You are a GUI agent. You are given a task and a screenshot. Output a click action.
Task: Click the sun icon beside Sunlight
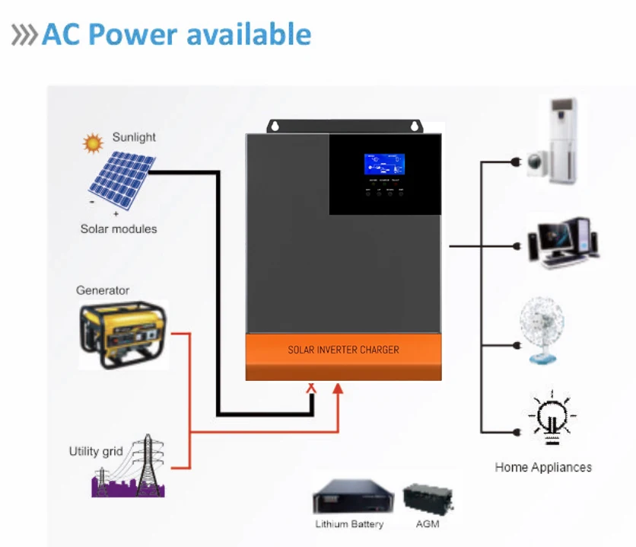tap(93, 142)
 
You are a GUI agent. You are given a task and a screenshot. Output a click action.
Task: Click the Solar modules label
tap(119, 229)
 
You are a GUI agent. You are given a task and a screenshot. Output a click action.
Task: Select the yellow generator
tap(122, 334)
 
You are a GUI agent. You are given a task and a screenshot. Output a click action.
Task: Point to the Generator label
tap(103, 290)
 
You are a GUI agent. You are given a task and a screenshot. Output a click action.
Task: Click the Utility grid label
tap(96, 451)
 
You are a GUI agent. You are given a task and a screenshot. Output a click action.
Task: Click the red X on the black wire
tap(310, 388)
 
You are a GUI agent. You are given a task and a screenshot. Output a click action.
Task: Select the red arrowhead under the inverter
tap(339, 388)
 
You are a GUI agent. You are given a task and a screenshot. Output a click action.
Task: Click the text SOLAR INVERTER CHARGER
tap(343, 350)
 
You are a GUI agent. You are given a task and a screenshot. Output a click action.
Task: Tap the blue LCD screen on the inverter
tap(384, 164)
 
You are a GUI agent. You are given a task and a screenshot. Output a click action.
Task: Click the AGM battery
tap(428, 498)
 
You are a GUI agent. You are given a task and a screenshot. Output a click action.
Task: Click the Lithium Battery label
tap(349, 524)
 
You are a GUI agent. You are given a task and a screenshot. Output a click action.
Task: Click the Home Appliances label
tap(543, 467)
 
